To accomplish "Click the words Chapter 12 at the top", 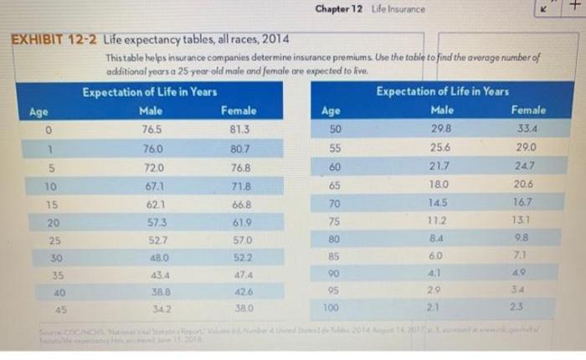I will (338, 9).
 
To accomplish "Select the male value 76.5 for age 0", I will (152, 128).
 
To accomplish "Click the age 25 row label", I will (53, 239).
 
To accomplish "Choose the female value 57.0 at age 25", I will (243, 239).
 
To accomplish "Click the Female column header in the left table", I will (239, 110).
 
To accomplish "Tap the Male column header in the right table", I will (441, 110).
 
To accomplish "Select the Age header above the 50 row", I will (332, 110).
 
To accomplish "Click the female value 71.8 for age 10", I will (241, 183).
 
